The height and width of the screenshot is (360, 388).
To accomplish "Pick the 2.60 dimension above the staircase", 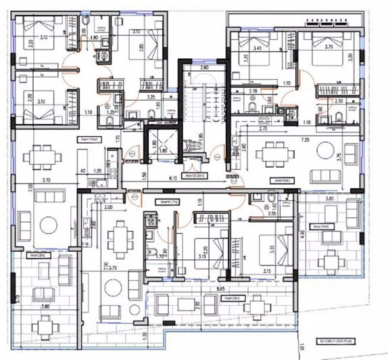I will tap(203, 68).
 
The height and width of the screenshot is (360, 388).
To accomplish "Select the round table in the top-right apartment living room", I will tap(326, 150).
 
